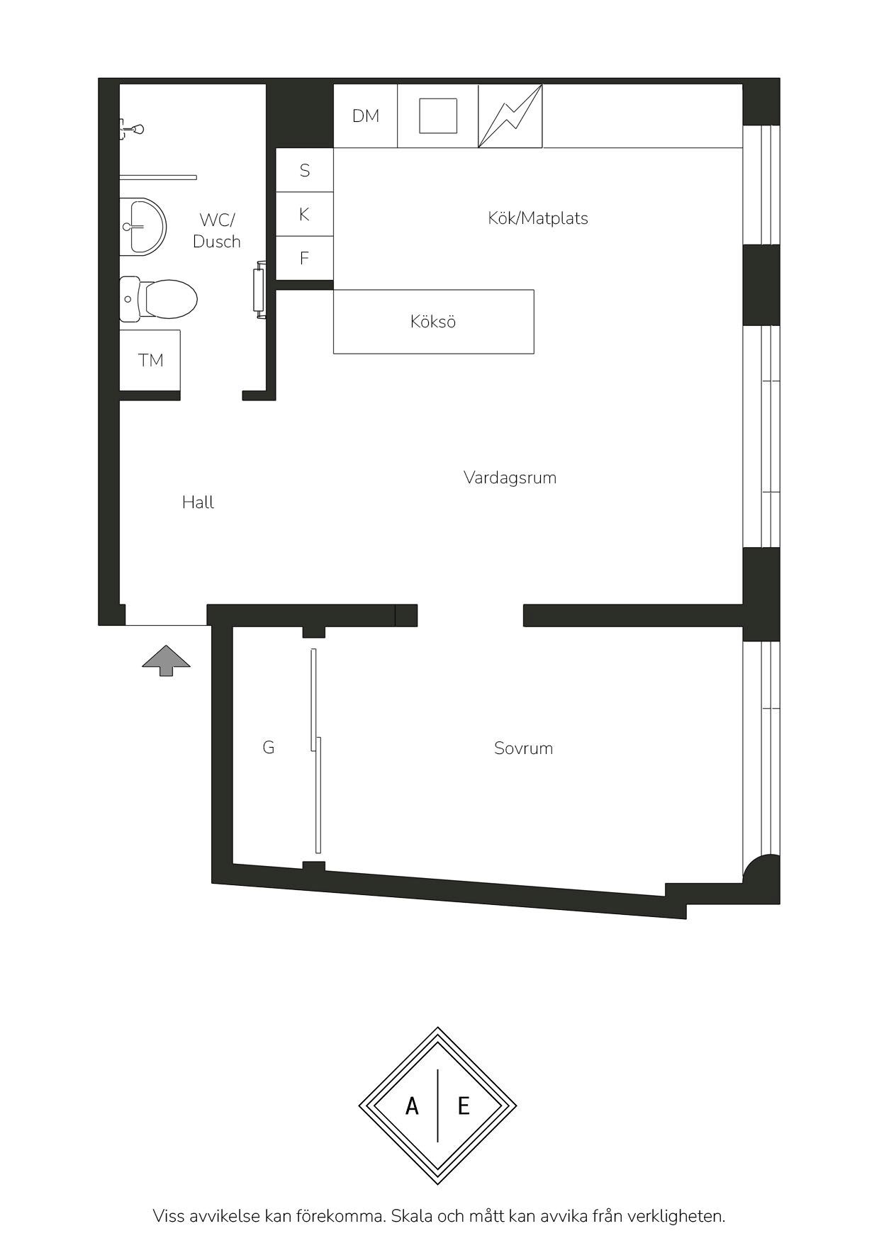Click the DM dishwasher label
pos(366,116)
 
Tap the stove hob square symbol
pos(438,116)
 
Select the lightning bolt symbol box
pos(510,116)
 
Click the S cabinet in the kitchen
pos(304,170)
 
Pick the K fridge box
pos(304,214)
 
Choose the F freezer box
pos(304,258)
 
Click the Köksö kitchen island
pos(434,322)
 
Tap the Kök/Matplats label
pos(538,218)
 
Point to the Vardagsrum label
pos(510,478)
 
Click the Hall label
pos(198,502)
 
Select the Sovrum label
pos(524,748)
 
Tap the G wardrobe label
pos(269,748)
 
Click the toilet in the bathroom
pos(158,298)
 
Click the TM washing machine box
pos(150,360)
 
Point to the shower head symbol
pos(132,129)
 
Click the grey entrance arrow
pos(167,660)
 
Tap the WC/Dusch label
pos(217,230)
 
